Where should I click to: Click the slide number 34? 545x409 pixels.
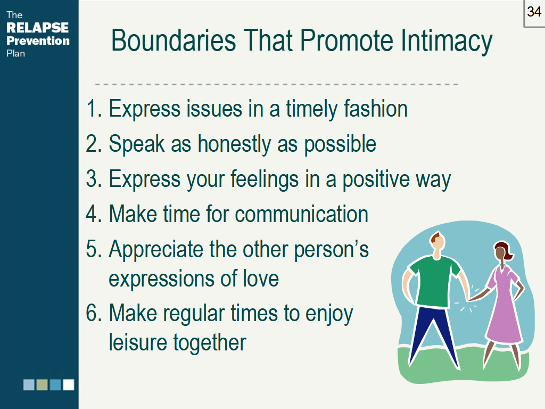pos(534,12)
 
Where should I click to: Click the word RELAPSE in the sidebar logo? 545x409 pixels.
pos(38,28)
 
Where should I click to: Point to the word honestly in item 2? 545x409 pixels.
pos(234,144)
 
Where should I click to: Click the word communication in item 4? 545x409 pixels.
pos(301,214)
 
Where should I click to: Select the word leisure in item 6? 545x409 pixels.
pos(138,342)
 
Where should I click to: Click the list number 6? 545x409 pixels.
pos(92,313)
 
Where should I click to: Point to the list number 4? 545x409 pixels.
pos(92,214)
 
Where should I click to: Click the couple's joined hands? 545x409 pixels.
pos(469,299)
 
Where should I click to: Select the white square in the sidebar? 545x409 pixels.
pos(69,385)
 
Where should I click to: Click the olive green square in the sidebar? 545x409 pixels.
pos(42,385)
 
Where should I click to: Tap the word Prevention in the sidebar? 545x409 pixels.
pos(38,40)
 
